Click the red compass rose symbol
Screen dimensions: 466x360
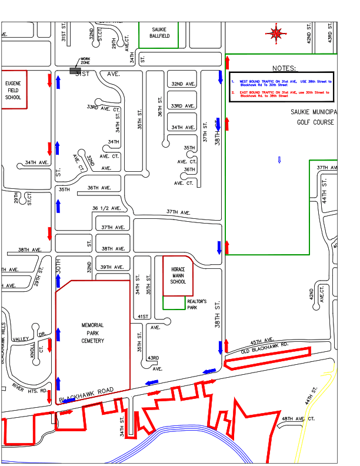tap(276, 33)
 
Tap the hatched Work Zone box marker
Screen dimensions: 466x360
tap(75, 71)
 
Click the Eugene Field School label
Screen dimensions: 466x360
tap(13, 91)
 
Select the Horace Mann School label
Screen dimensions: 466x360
tap(178, 276)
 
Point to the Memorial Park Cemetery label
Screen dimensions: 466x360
tap(92, 333)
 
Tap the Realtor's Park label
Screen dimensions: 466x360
tap(196, 304)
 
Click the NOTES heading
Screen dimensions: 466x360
tap(285, 69)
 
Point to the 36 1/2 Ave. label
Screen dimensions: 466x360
tap(106, 208)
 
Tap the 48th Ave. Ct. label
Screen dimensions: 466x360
tap(298, 418)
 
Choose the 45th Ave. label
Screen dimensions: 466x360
tap(263, 341)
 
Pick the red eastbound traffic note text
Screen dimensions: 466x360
tap(281, 94)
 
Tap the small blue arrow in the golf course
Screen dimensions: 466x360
tap(279, 159)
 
